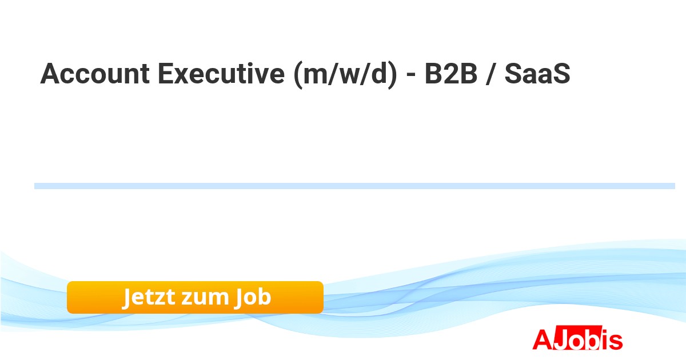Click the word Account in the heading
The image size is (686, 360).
point(95,74)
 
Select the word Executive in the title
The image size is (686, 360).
point(221,74)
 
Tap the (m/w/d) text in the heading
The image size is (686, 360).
point(345,74)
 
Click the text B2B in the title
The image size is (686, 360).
point(451,74)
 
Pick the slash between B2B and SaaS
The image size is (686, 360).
point(490,74)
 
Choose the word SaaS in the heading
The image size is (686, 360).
point(537,74)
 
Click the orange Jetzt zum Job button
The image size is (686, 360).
point(195,297)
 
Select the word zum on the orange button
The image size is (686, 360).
point(205,298)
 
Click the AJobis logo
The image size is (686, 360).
point(577,338)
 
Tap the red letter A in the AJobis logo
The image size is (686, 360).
point(543,339)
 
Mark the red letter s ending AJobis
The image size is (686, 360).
point(616,342)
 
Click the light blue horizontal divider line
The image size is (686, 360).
point(354,186)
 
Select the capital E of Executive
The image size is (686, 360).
point(166,74)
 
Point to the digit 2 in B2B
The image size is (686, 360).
point(451,74)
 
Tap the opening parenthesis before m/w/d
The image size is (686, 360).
point(298,75)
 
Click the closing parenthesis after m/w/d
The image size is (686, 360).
point(392,75)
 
